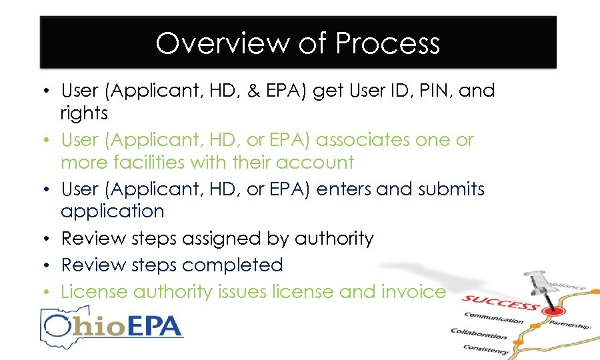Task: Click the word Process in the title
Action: pyautogui.click(x=387, y=44)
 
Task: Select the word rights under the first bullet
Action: pyautogui.click(x=84, y=114)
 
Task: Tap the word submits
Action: pyautogui.click(x=451, y=189)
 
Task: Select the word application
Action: pyautogui.click(x=112, y=212)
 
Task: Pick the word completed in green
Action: pyautogui.click(x=232, y=265)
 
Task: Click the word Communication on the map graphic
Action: pyautogui.click(x=494, y=319)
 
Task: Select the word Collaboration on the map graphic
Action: pyautogui.click(x=479, y=334)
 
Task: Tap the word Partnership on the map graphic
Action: pyautogui.click(x=569, y=325)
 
